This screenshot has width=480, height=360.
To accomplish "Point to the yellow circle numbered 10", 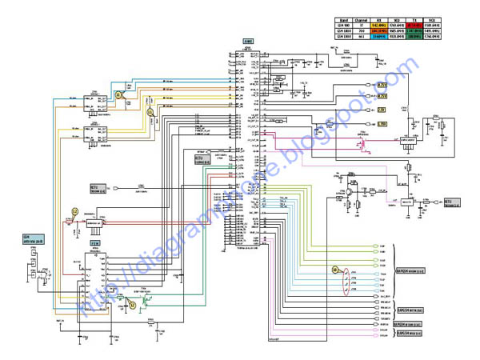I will click(x=337, y=270).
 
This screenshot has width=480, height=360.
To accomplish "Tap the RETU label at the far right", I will click(x=450, y=202).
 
